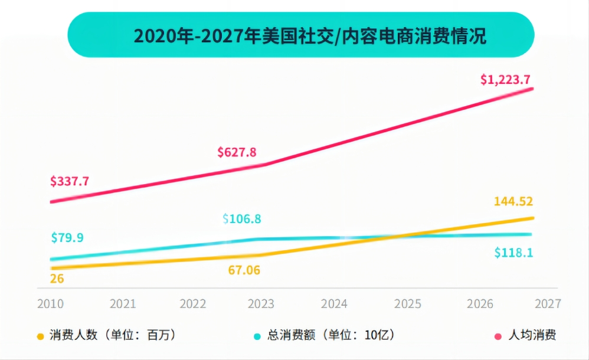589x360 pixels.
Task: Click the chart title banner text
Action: [301, 35]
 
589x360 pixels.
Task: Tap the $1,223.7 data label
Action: [505, 79]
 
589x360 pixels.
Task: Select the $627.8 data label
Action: [237, 152]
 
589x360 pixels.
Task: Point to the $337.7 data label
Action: [70, 181]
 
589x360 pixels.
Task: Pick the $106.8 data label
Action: [242, 219]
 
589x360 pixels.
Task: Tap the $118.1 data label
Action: [513, 253]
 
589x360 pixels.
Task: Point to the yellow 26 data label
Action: [57, 278]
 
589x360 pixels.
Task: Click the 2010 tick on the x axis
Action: [50, 304]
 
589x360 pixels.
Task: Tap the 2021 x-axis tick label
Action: [123, 304]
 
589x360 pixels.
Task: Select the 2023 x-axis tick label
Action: [261, 304]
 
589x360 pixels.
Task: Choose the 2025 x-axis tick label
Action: [408, 304]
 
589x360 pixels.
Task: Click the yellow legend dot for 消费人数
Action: [41, 336]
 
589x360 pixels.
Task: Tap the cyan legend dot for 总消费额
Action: [257, 336]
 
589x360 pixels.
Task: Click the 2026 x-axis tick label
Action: [480, 304]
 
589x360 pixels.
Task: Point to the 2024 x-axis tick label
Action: [335, 304]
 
